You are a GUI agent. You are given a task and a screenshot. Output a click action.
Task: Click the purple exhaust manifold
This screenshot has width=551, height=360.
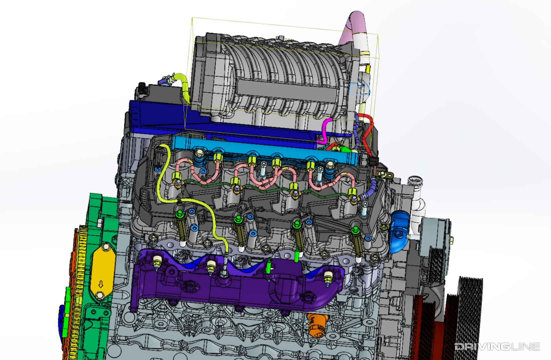pyautogui.click(x=233, y=287)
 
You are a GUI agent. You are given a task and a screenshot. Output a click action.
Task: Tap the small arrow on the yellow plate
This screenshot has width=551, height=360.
pyautogui.click(x=101, y=285)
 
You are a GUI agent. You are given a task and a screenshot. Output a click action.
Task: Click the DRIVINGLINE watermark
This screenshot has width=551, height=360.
pyautogui.click(x=497, y=347)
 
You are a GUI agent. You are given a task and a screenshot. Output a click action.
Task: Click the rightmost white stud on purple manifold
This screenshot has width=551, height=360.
pyautogui.click(x=328, y=276)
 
